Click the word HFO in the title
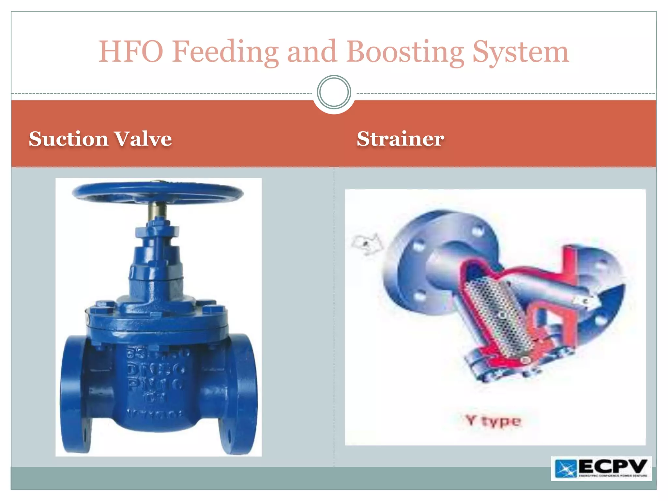pos(130,52)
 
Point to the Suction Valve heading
pos(100,139)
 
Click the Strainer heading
pos(400,139)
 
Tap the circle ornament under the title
pos(334,92)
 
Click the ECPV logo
pos(601,468)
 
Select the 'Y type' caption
pos(493,421)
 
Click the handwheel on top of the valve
pos(158,192)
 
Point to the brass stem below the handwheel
pos(158,210)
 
